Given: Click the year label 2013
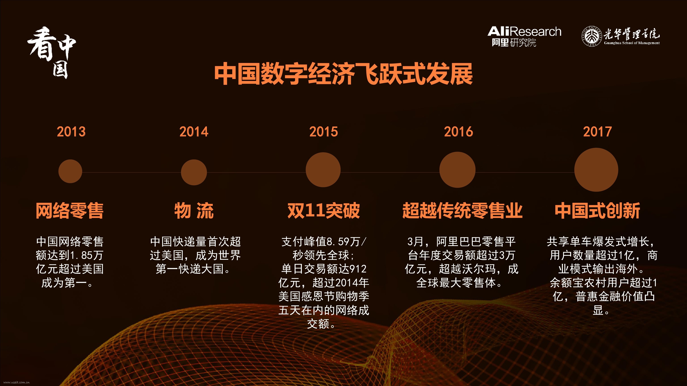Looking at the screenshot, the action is pyautogui.click(x=71, y=132).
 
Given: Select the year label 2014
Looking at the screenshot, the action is pyautogui.click(x=194, y=132).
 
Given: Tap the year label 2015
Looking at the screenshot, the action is pyautogui.click(x=324, y=132).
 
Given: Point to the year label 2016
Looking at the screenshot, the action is pyautogui.click(x=458, y=132).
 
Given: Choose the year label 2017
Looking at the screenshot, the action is pyautogui.click(x=597, y=132).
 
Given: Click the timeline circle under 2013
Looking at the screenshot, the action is pyautogui.click(x=70, y=171).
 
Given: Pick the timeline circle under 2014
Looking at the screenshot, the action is pyautogui.click(x=194, y=172).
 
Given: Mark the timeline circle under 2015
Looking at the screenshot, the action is pyautogui.click(x=323, y=170).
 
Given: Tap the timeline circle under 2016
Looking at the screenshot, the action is pyautogui.click(x=457, y=170).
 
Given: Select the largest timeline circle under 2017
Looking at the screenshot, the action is pyautogui.click(x=596, y=170).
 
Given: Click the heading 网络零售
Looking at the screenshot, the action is pyautogui.click(x=70, y=211).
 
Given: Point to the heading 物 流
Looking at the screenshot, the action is pyautogui.click(x=194, y=211).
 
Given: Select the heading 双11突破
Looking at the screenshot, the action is pyautogui.click(x=324, y=211).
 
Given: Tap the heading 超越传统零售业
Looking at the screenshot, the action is pyautogui.click(x=462, y=211).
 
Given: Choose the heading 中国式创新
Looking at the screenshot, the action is pyautogui.click(x=597, y=211).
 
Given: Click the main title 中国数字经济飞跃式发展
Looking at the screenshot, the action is pyautogui.click(x=343, y=74).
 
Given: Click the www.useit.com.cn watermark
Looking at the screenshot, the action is pyautogui.click(x=17, y=382).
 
